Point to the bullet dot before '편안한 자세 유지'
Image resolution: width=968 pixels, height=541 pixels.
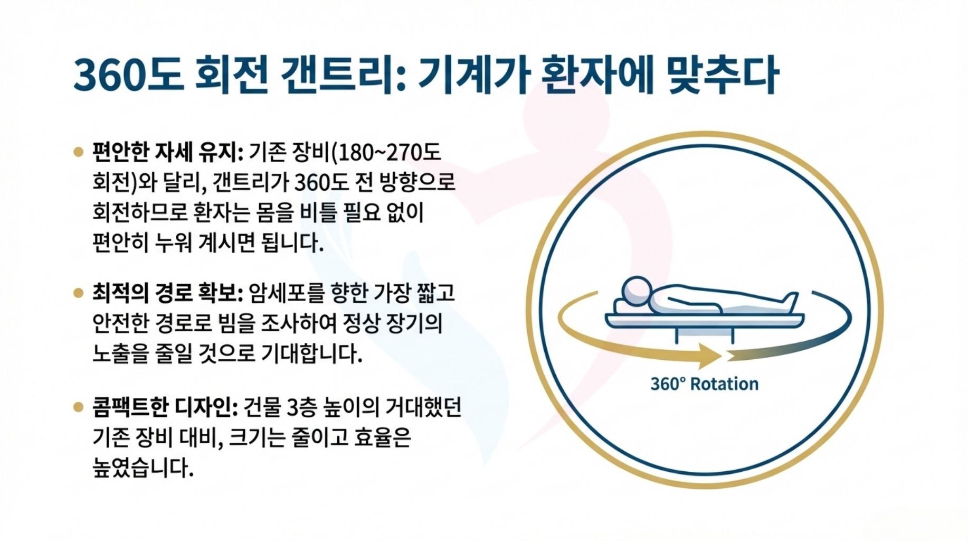tap(79, 152)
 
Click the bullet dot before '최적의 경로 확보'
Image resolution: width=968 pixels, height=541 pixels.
tap(79, 293)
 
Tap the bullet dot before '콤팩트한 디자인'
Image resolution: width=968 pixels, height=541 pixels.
tap(79, 407)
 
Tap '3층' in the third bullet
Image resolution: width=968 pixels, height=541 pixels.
tap(301, 407)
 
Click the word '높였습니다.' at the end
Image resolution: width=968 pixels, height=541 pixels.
tap(143, 468)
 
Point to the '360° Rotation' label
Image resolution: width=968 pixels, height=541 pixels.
tap(704, 384)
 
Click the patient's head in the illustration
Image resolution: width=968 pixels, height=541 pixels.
tap(637, 290)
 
